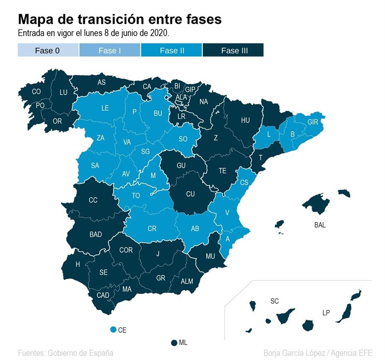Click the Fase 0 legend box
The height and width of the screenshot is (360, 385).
(48, 50)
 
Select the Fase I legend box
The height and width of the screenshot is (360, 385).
(110, 50)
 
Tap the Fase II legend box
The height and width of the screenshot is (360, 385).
(172, 50)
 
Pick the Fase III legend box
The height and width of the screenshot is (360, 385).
(234, 50)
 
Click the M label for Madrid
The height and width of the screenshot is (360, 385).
(154, 175)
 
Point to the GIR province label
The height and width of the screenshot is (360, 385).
(313, 122)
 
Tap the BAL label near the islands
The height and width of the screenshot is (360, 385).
(320, 225)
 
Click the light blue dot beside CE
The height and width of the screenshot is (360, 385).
(113, 330)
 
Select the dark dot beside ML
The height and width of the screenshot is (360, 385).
(174, 342)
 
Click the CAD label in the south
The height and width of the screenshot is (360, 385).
(103, 295)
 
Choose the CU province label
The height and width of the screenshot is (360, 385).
(190, 194)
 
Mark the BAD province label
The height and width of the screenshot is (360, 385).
(95, 234)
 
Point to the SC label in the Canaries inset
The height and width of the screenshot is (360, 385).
(275, 301)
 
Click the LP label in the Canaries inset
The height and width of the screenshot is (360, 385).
(326, 313)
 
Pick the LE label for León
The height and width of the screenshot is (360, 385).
(105, 108)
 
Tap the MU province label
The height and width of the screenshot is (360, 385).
(210, 256)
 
